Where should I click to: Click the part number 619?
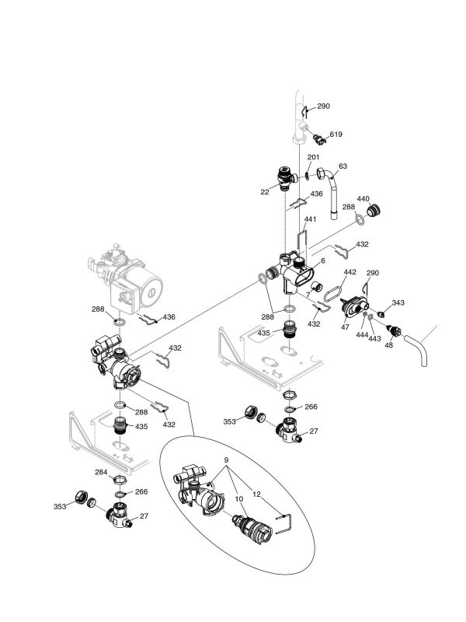335,135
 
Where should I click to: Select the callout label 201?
312,157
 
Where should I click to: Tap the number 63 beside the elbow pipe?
343,166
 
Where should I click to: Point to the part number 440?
363,198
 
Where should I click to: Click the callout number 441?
310,220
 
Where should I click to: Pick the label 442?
349,272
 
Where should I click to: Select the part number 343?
398,302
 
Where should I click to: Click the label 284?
101,471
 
